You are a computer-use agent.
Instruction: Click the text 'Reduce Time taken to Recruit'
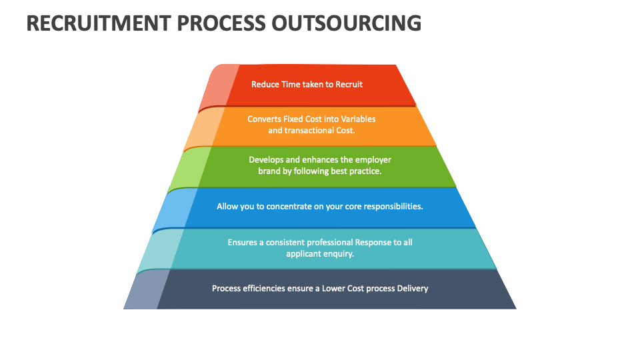[307, 85]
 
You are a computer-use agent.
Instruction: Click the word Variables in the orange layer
[359, 119]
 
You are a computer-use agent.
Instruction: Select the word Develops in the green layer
[266, 160]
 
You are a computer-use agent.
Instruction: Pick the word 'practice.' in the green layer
[365, 171]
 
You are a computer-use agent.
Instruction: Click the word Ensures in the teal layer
[242, 243]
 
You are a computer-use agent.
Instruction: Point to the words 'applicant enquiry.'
[320, 254]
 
